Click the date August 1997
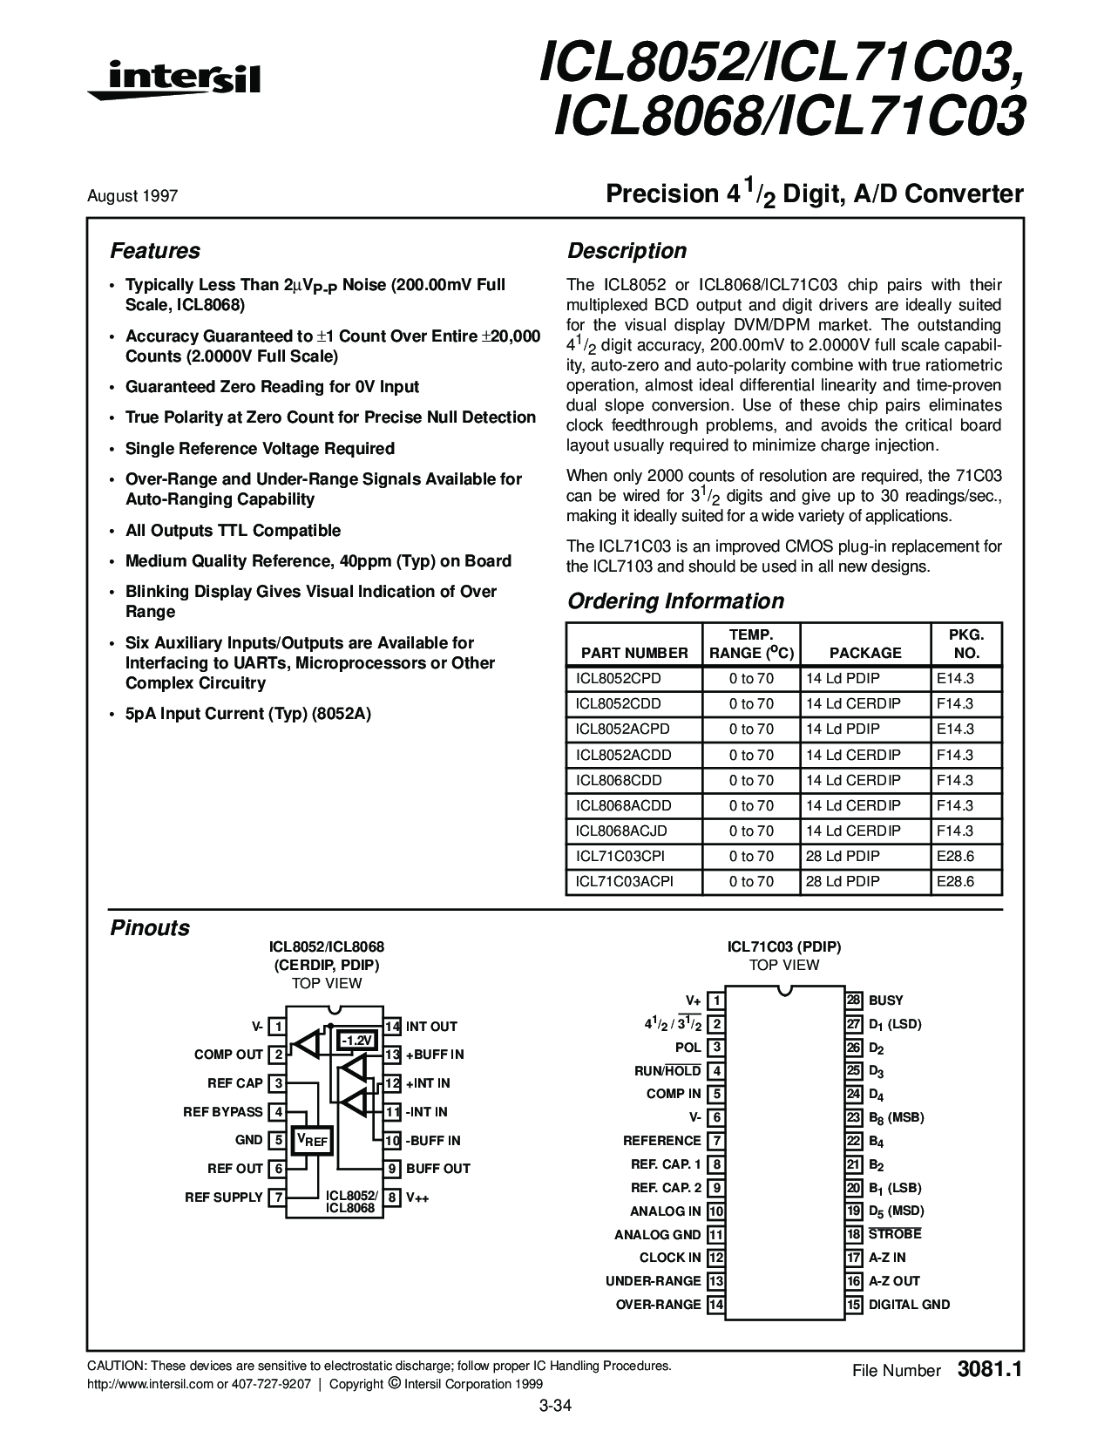(132, 196)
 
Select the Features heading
(155, 251)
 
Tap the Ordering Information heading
(675, 601)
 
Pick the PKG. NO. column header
(965, 643)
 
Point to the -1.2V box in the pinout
(356, 1041)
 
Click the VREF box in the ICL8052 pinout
(312, 1140)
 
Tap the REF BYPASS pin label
(223, 1111)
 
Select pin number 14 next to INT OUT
(393, 1027)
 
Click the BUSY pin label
(886, 1000)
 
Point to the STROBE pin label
(895, 1234)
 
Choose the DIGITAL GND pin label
(909, 1305)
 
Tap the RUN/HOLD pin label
(667, 1071)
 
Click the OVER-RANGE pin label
(658, 1305)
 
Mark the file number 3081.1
(988, 1369)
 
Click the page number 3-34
(555, 1405)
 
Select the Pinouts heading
(150, 928)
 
